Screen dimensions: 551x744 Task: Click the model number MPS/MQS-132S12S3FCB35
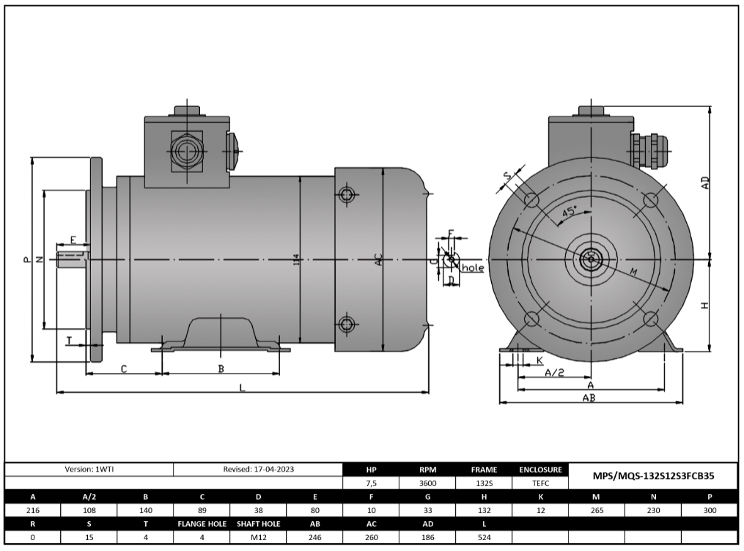(x=653, y=476)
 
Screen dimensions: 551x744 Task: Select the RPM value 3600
(x=428, y=484)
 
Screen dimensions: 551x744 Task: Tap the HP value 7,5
(x=371, y=484)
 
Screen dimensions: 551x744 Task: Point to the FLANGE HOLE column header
(x=202, y=524)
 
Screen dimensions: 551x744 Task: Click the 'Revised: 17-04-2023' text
(x=258, y=469)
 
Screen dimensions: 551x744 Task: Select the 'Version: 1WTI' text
(x=89, y=469)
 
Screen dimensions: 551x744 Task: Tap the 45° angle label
(x=569, y=211)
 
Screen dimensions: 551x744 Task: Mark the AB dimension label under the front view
(x=588, y=398)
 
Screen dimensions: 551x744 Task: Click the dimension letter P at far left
(x=26, y=259)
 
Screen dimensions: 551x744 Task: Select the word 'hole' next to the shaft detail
(x=473, y=268)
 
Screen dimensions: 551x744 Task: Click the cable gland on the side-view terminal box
(x=185, y=152)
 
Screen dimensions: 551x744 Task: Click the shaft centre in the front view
(x=590, y=259)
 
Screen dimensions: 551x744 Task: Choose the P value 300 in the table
(x=710, y=511)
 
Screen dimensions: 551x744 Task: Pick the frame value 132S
(x=484, y=484)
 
